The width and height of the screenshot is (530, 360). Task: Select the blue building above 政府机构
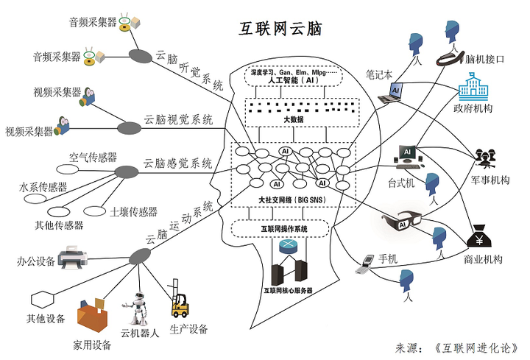tap(473, 88)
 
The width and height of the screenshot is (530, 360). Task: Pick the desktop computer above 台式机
tap(406, 155)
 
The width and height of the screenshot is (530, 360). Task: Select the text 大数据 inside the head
tap(293, 119)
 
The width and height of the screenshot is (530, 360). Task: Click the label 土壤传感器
tap(133, 212)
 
